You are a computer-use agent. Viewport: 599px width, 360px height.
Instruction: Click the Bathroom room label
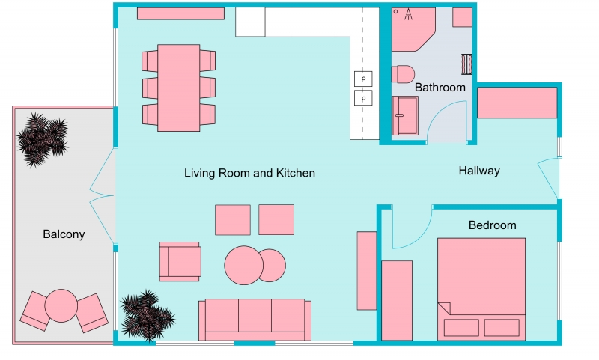(x=440, y=88)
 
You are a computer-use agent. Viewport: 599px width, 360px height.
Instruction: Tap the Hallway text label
(x=479, y=171)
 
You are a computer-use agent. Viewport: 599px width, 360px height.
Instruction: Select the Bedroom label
(x=492, y=225)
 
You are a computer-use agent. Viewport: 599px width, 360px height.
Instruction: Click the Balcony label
(x=64, y=234)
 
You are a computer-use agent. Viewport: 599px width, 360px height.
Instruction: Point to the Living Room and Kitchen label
(x=249, y=173)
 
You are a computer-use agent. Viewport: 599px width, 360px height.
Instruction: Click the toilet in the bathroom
(x=403, y=75)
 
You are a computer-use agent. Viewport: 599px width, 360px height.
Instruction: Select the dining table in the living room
(x=179, y=87)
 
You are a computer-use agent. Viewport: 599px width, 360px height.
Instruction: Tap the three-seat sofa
(x=255, y=320)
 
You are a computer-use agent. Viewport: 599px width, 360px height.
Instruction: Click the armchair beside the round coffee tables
(x=180, y=261)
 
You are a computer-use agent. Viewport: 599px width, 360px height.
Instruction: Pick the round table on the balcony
(x=61, y=305)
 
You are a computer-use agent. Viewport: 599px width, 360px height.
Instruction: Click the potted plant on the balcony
(x=42, y=138)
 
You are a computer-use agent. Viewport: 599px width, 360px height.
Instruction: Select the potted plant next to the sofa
(x=146, y=314)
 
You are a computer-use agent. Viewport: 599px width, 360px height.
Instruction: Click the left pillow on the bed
(x=461, y=328)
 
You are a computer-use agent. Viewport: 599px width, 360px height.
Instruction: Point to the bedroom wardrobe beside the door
(x=397, y=299)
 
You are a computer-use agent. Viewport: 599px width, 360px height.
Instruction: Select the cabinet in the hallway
(x=517, y=103)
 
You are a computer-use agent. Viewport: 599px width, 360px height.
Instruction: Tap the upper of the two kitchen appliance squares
(x=363, y=79)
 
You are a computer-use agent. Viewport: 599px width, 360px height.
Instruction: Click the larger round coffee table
(x=243, y=265)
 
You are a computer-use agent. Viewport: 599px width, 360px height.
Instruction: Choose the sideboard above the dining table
(x=180, y=13)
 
